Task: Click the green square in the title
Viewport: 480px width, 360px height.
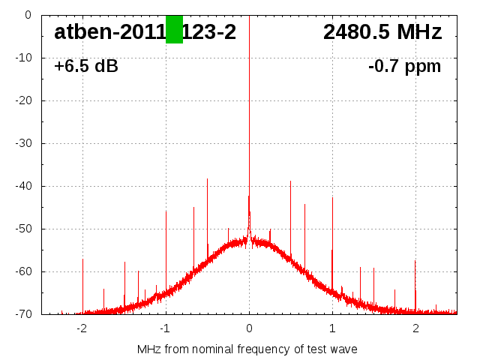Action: [174, 29]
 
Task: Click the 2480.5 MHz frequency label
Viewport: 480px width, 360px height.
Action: [382, 31]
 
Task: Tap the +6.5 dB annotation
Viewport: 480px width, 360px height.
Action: [86, 66]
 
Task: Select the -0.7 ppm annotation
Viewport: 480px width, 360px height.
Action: [404, 66]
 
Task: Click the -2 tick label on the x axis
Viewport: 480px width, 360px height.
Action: [82, 328]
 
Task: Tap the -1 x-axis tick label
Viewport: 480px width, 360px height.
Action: [165, 328]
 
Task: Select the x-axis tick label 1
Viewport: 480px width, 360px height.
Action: [332, 328]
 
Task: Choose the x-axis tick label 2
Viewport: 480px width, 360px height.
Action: [415, 328]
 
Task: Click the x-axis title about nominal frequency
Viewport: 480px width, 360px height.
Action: [247, 349]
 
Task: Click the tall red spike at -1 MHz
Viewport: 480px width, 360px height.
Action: [166, 212]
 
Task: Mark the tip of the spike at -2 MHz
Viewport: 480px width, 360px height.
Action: [82, 260]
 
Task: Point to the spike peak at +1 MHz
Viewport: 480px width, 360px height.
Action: [332, 199]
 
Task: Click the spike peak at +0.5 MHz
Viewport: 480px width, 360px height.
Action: [291, 181]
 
